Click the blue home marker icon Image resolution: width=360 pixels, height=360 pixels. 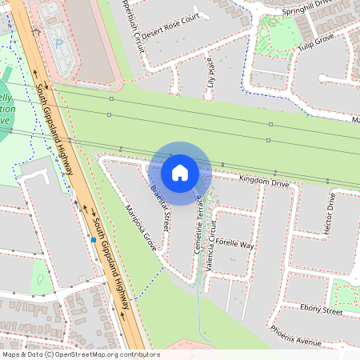coord(180,172)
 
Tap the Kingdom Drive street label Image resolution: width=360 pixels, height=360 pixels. coord(263,183)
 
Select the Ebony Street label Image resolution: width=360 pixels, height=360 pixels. coord(322,309)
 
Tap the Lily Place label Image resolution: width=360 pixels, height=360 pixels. coord(211,73)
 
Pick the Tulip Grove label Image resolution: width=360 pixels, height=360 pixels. coord(316,39)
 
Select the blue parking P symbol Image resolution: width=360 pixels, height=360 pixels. coord(58,42)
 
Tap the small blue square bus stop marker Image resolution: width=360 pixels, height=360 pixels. coord(94,239)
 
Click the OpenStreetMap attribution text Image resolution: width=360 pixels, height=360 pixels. coord(80,354)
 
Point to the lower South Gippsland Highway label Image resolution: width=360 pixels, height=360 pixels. coord(110,256)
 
